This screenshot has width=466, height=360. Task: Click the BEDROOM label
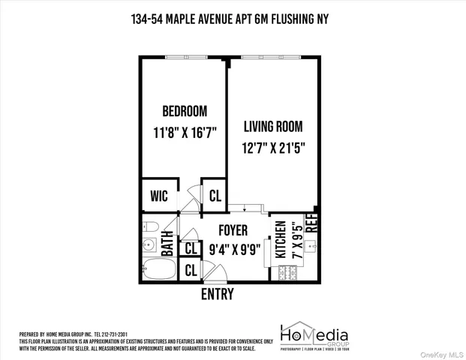[184, 111]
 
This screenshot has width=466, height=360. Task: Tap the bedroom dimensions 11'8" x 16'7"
[184, 132]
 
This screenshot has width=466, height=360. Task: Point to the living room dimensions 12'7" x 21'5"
[275, 148]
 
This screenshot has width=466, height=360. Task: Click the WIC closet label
[158, 196]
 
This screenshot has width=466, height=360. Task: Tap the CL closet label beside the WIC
[215, 196]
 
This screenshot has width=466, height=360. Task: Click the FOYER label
[233, 230]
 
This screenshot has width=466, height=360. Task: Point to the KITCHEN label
[279, 241]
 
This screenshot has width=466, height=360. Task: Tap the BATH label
[167, 244]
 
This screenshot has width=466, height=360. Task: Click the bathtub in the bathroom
[157, 268]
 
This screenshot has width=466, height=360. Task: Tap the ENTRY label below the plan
[217, 294]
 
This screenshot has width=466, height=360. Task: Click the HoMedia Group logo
[314, 335]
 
